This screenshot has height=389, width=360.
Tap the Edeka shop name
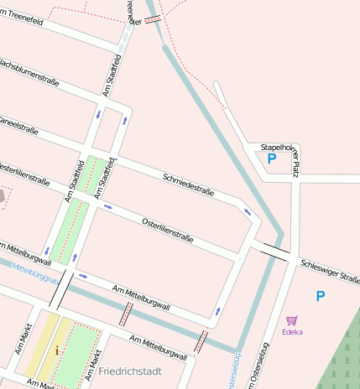point(292,331)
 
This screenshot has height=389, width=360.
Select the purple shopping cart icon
point(292,319)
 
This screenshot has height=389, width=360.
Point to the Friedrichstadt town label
point(129,370)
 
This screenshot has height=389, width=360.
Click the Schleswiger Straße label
point(329,270)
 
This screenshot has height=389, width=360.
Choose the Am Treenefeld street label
point(25,18)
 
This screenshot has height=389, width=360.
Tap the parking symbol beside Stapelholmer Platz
point(271,158)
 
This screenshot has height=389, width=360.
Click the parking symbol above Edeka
point(320,296)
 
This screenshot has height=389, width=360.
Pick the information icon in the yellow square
point(57,350)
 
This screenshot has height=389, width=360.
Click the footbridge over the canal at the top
point(154,19)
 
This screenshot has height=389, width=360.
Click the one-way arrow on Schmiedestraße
point(247,211)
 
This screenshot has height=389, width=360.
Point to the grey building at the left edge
point(3,194)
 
